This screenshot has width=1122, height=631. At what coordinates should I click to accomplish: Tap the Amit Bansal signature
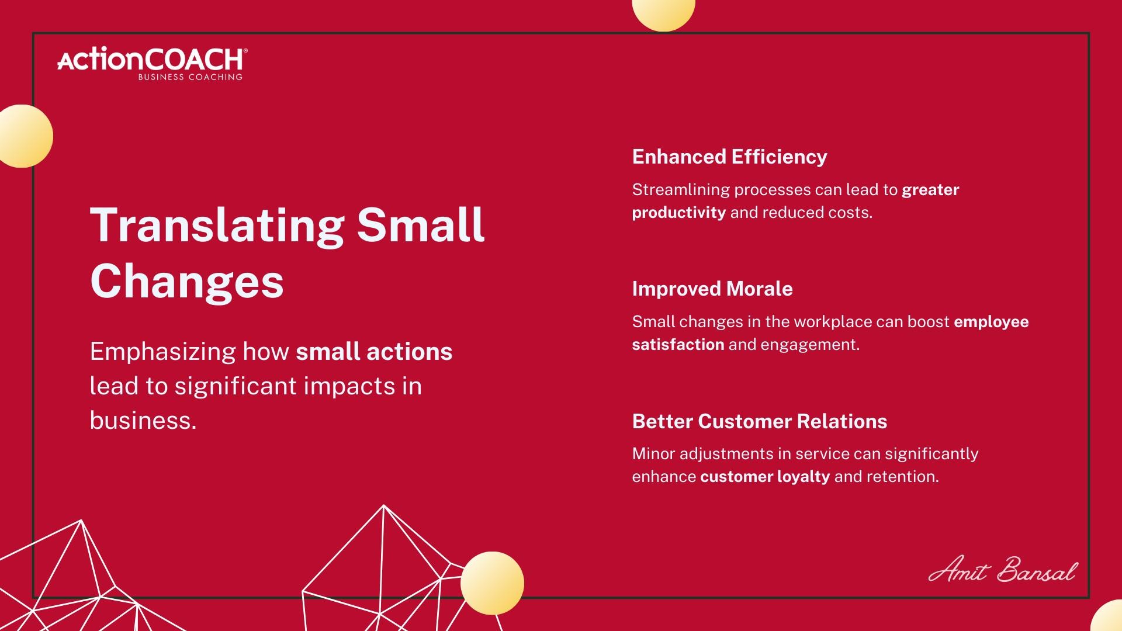[x=1002, y=569]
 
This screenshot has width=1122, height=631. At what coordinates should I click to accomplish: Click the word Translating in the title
[x=217, y=226]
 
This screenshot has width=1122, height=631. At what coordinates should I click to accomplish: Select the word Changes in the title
[x=187, y=281]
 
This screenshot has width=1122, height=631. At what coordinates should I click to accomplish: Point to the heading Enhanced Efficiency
[x=729, y=157]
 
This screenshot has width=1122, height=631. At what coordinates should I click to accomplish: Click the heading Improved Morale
[x=712, y=289]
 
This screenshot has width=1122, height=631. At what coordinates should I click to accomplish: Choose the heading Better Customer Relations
[x=760, y=421]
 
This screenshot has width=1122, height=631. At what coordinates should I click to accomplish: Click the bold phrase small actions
[x=374, y=352]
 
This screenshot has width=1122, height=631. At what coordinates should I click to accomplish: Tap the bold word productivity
[x=679, y=213]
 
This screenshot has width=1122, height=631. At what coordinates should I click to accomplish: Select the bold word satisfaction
[x=678, y=344]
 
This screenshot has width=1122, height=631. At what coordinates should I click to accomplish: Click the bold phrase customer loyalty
[x=765, y=477]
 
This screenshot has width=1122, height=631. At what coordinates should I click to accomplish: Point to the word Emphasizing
[x=162, y=352]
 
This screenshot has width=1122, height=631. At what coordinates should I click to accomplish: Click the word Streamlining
[x=681, y=190]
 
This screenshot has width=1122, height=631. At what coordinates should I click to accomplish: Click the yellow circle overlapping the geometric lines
[x=492, y=583]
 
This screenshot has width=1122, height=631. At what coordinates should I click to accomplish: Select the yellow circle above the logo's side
[x=22, y=136]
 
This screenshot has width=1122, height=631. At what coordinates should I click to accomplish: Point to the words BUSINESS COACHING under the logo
[x=190, y=77]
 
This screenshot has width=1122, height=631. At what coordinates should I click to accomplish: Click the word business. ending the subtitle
[x=143, y=420]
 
